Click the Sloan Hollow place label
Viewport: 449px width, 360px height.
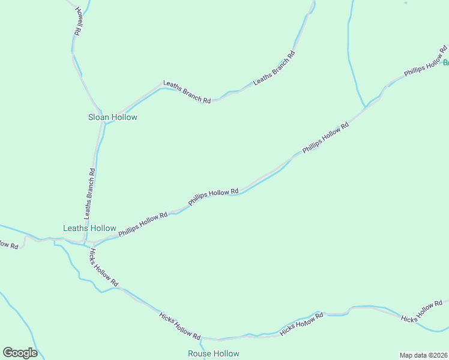[x=113, y=117]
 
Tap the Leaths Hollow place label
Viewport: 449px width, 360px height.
[x=90, y=228]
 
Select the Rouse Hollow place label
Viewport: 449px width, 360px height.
[x=213, y=353]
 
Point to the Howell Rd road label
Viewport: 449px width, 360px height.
[x=76, y=20]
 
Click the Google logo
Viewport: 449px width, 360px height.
[x=20, y=353]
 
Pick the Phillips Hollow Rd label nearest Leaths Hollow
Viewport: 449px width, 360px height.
[x=143, y=224]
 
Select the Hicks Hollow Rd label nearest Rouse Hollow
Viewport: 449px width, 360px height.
[x=179, y=325]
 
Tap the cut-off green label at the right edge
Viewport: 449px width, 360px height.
[x=446, y=62]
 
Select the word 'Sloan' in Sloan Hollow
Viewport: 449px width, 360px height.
[x=99, y=117]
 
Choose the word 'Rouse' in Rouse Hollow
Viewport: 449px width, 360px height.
[x=199, y=353]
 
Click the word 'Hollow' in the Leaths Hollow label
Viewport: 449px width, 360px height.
[x=103, y=228]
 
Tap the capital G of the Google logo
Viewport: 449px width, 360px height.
[x=8, y=353]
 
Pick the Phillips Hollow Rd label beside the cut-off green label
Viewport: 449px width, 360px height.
[x=423, y=67]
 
